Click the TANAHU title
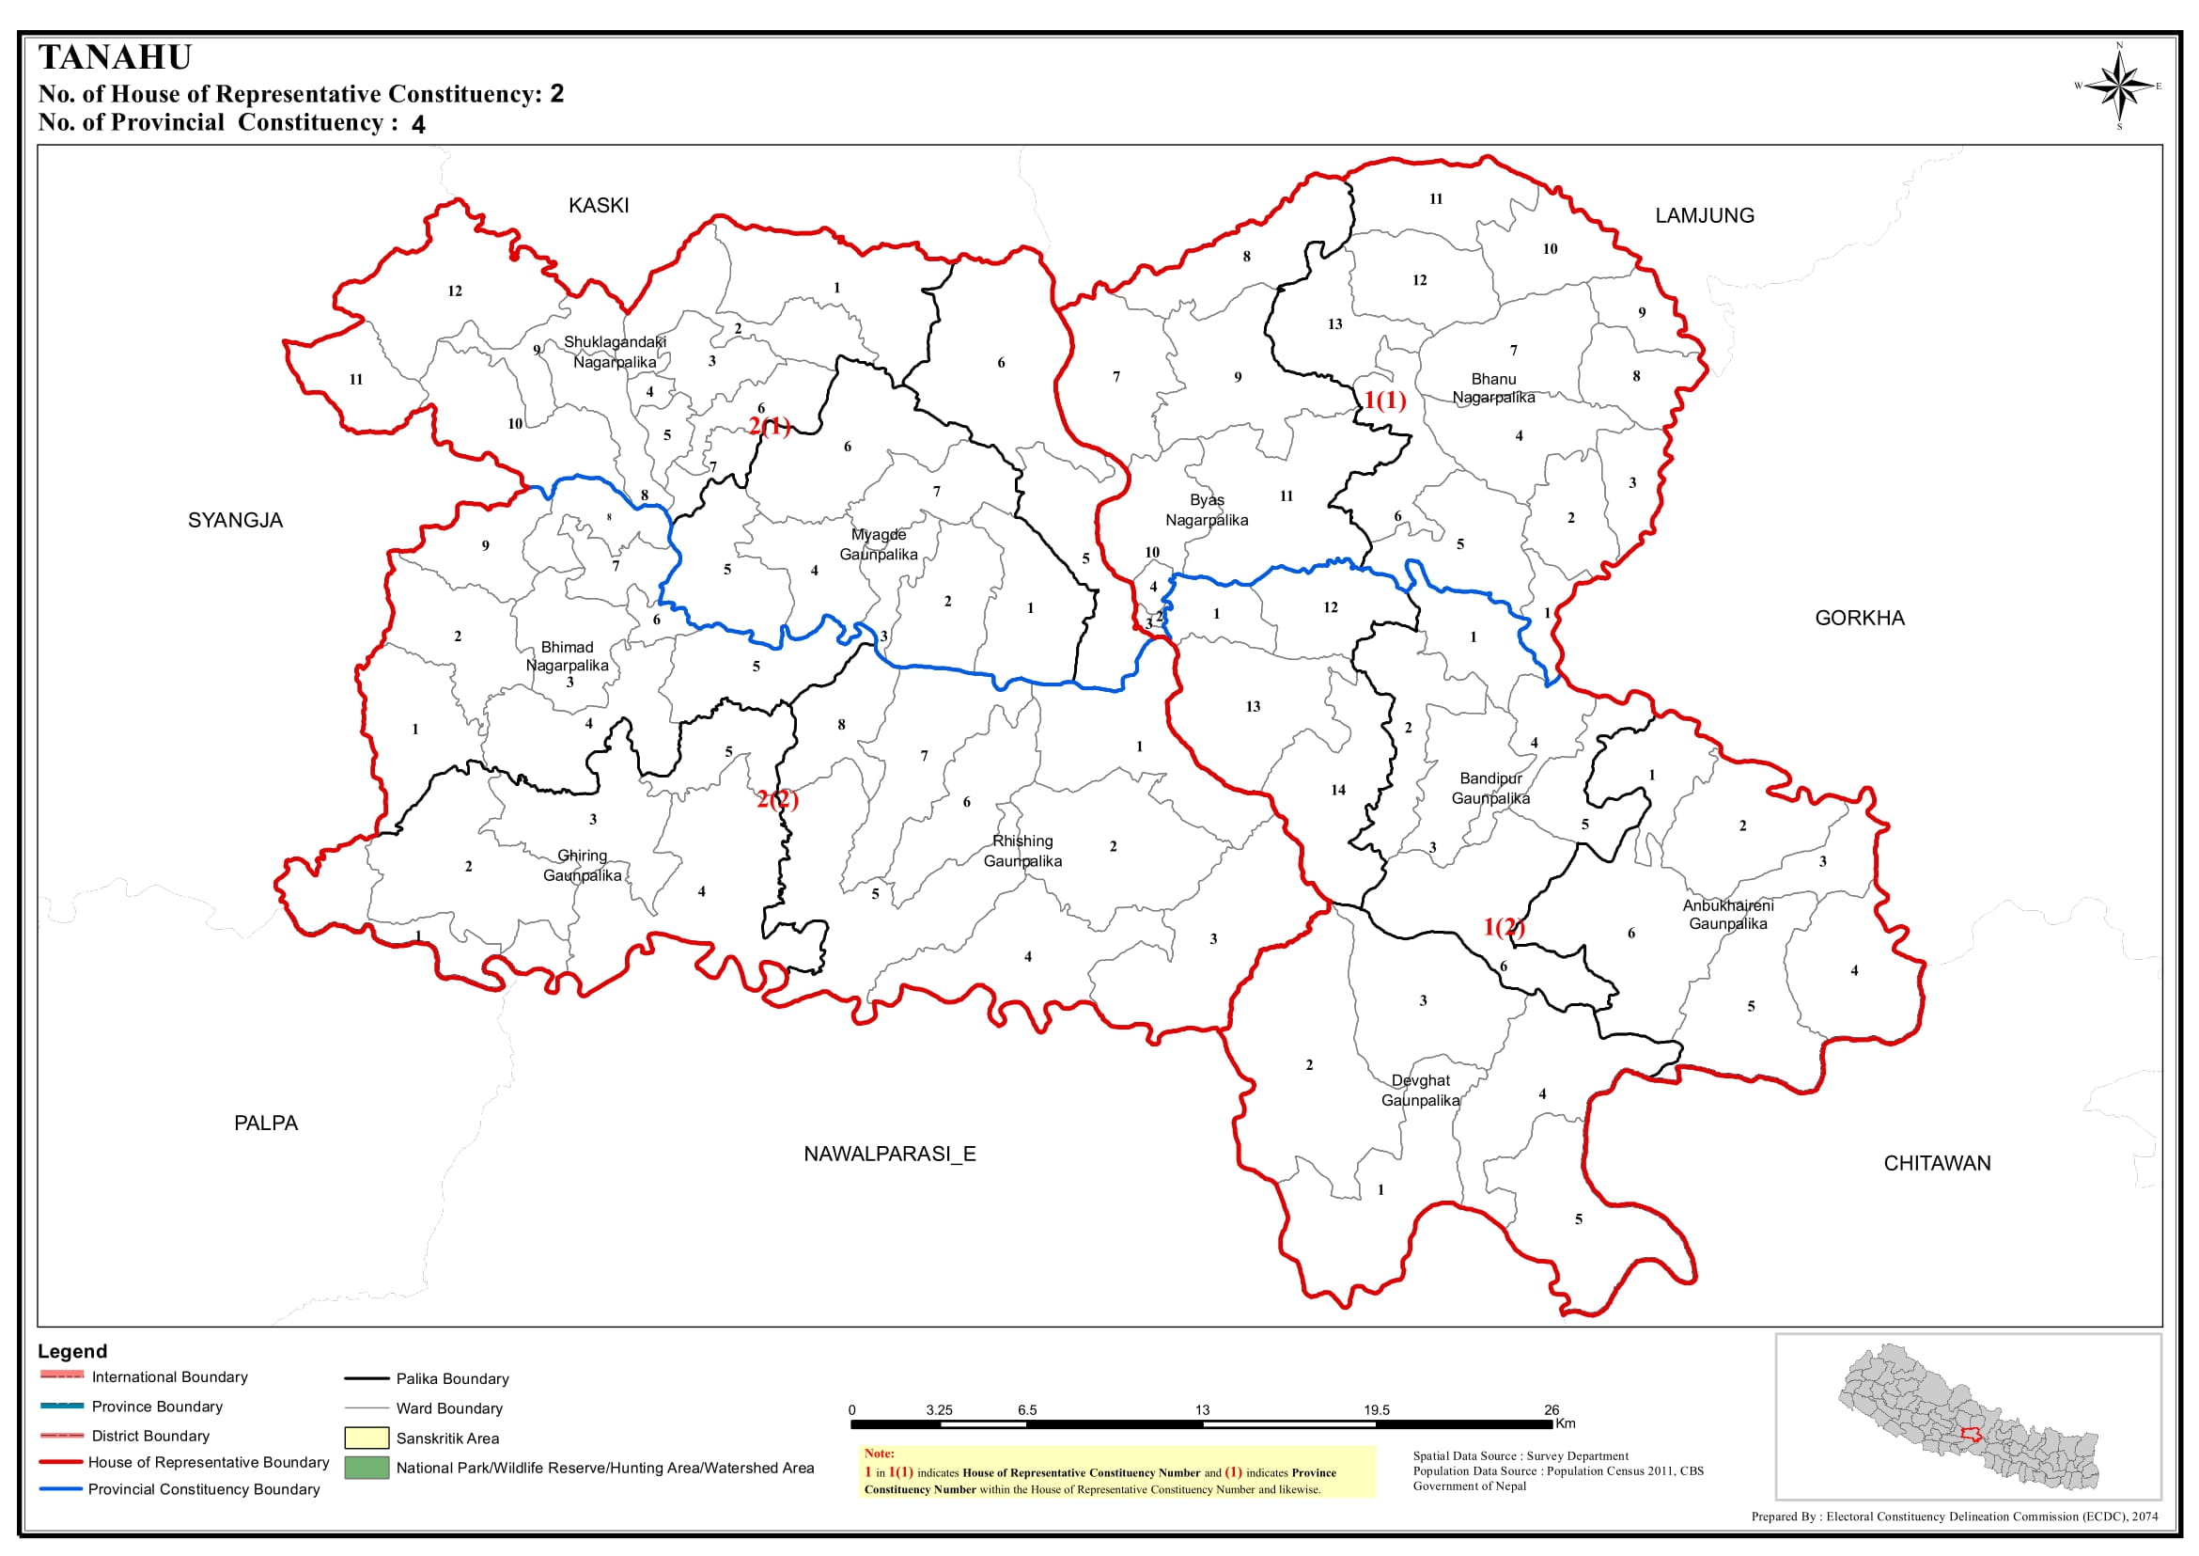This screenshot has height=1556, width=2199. (115, 57)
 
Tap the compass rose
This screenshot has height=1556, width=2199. (2118, 86)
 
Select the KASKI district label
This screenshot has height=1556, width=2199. (599, 206)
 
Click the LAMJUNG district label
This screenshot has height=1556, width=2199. (1705, 215)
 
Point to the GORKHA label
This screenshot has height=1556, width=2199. (1859, 618)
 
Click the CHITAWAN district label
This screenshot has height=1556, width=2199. (1937, 1163)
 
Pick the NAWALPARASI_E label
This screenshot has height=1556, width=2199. (890, 1154)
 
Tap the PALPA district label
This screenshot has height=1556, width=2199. (266, 1123)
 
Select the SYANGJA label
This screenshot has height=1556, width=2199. (236, 520)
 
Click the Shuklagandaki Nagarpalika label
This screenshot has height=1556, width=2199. (615, 352)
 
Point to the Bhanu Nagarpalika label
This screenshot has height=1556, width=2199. (1493, 388)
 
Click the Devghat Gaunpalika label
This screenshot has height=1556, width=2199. (1420, 1091)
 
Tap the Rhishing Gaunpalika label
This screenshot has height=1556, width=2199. (1022, 851)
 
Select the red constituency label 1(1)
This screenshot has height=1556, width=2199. (1385, 401)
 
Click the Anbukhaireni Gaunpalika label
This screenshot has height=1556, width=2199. (1728, 914)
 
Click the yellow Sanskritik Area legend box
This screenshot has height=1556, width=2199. (366, 1438)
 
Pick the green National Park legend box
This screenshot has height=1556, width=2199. (366, 1468)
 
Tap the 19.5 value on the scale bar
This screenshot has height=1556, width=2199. (1377, 1410)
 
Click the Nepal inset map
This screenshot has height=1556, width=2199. (1968, 1416)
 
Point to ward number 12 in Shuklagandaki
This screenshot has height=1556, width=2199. (455, 291)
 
